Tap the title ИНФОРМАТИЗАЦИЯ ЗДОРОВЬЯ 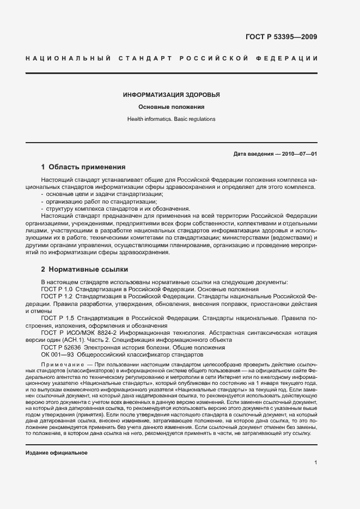click(172, 95)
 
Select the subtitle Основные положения click(172, 107)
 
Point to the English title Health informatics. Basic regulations click(172, 119)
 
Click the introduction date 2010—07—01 click(299, 154)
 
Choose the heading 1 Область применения click(83, 167)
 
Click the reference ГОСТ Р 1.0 click(57, 289)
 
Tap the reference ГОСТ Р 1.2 click(57, 296)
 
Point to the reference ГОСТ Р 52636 click(60, 347)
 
